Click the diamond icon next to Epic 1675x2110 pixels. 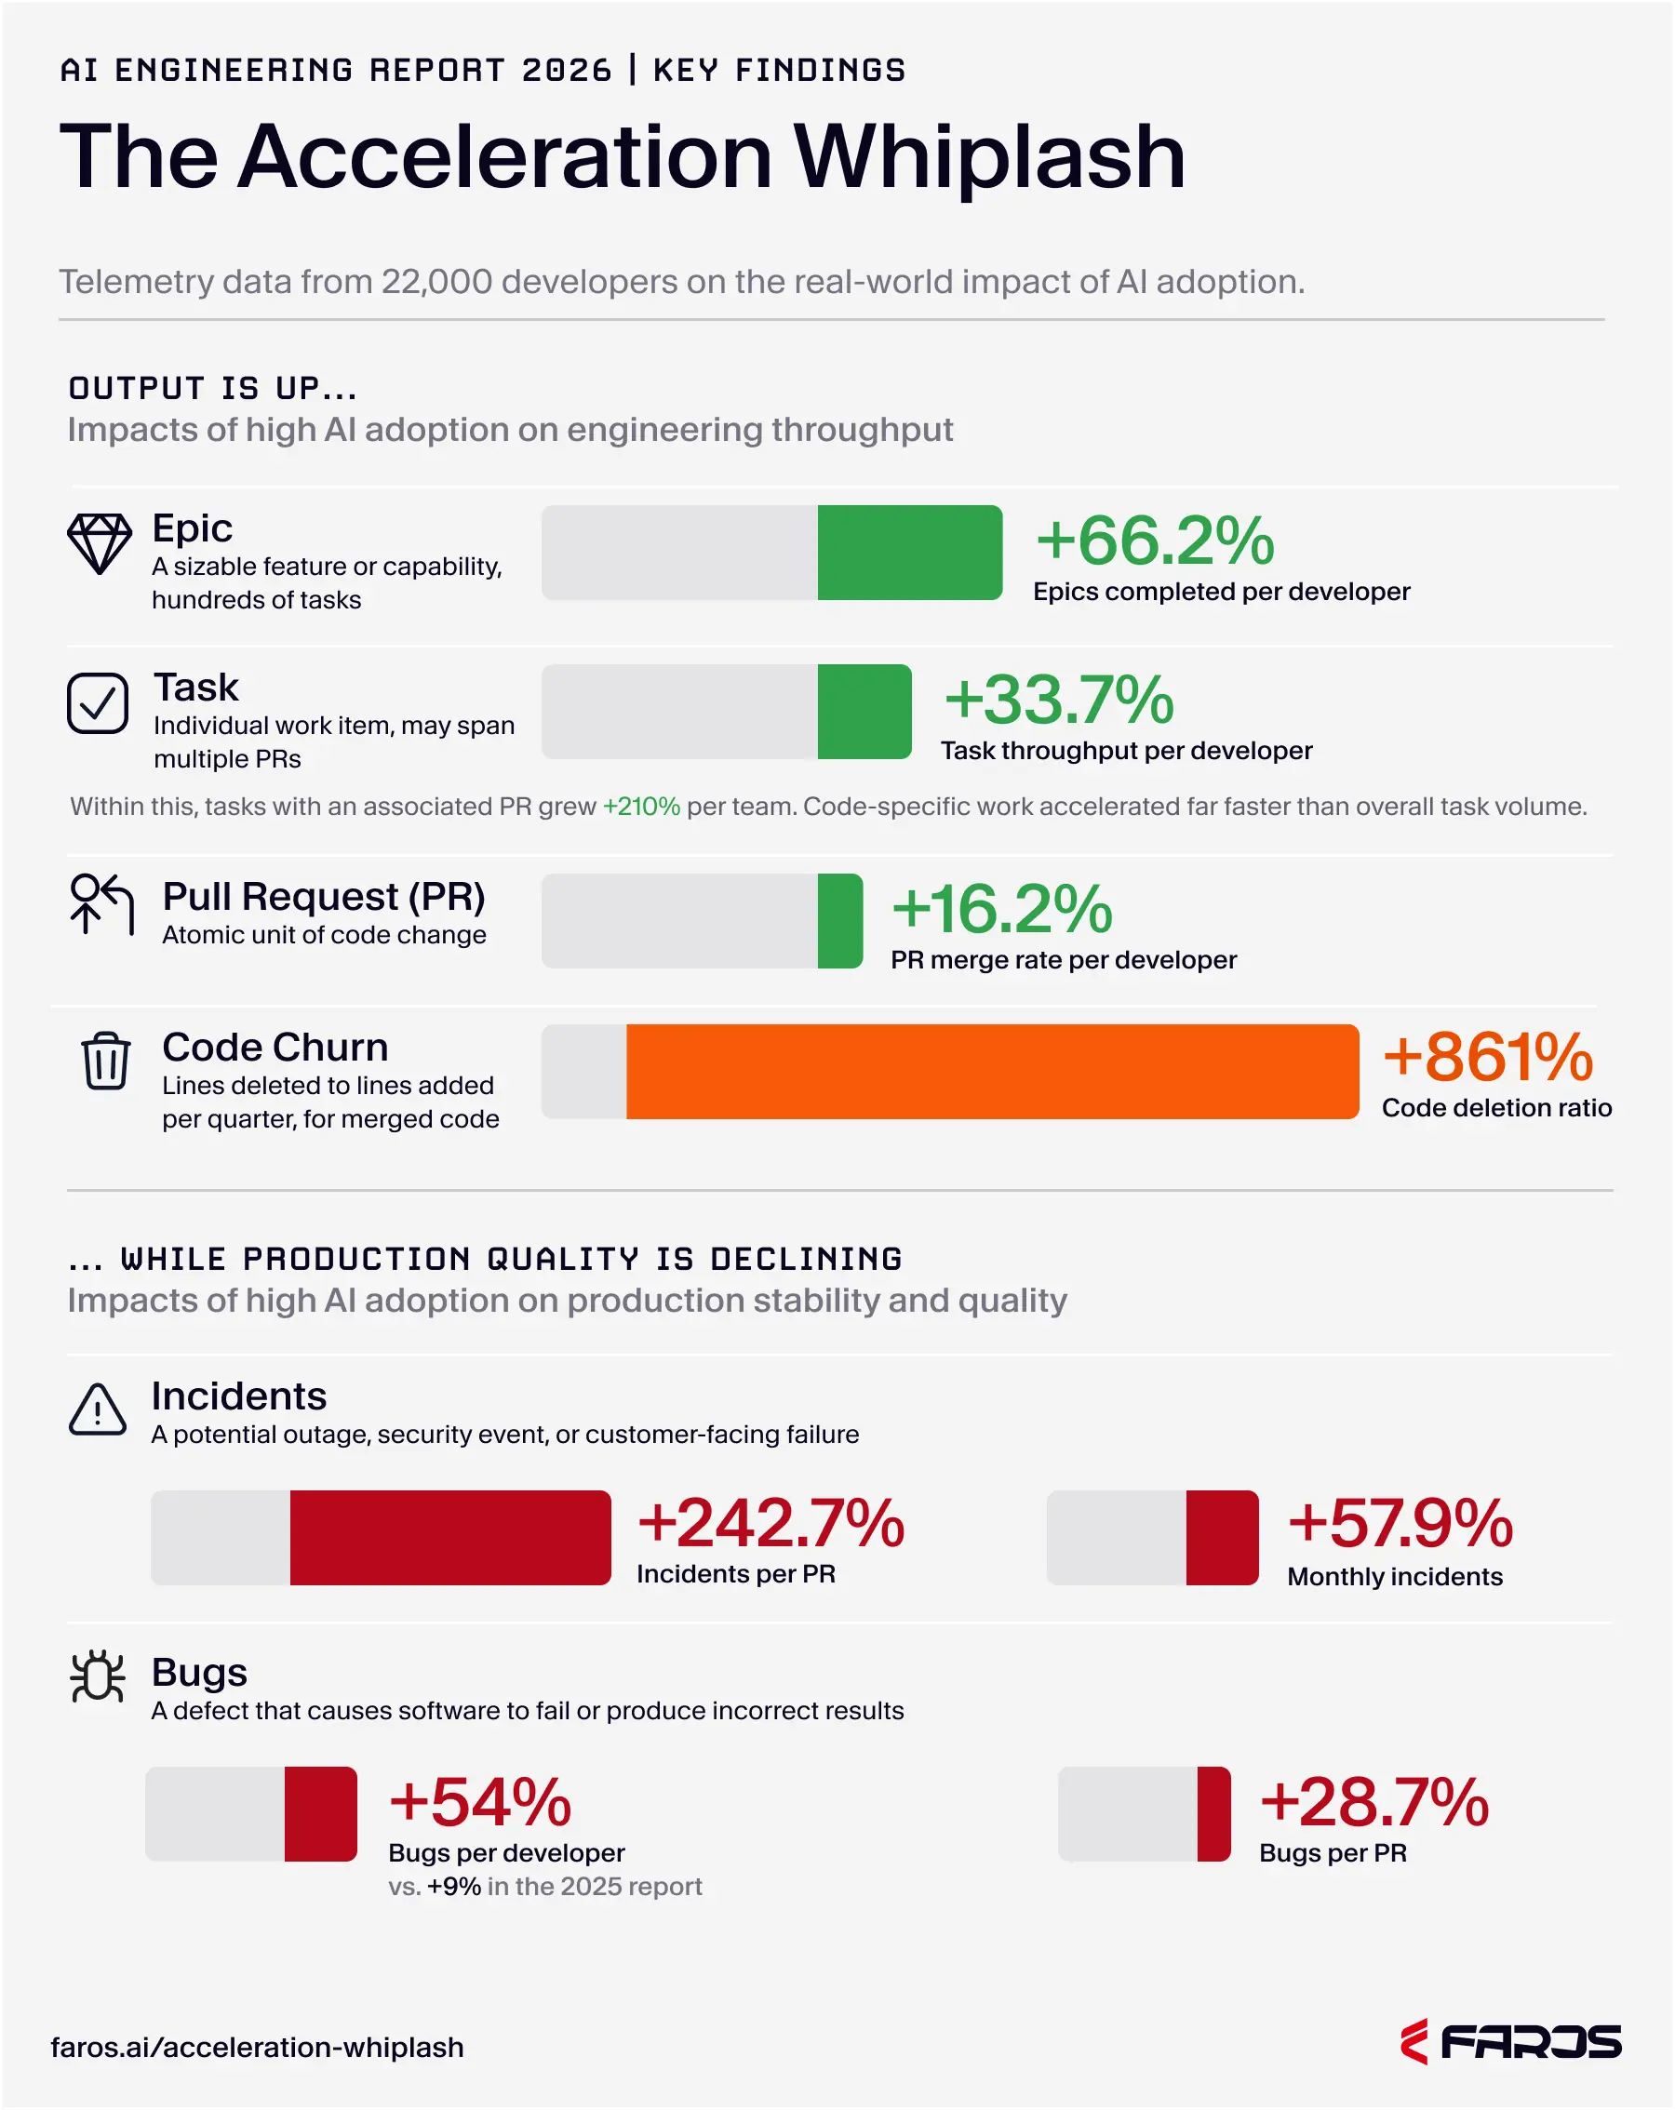tap(99, 543)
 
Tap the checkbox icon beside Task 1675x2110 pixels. tap(98, 702)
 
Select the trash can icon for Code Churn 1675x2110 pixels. tap(106, 1061)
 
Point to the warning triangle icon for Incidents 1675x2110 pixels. tap(98, 1411)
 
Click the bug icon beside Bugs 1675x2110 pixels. tap(98, 1677)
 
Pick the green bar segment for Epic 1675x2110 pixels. tap(909, 553)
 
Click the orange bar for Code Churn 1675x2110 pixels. tap(992, 1072)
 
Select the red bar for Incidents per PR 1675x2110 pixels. tap(450, 1538)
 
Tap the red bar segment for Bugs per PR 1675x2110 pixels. tap(1214, 1813)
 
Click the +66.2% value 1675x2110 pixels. tap(1155, 541)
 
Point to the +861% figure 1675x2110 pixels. tap(1487, 1058)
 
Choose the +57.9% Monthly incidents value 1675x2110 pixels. tap(1400, 1524)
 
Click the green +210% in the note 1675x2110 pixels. tap(641, 807)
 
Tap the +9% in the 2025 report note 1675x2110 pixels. tap(454, 1886)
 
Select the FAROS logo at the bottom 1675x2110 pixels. tap(1510, 2042)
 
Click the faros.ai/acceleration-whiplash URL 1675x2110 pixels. tap(258, 2048)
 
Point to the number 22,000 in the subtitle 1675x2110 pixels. tap(436, 282)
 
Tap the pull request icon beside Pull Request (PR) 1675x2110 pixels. tap(101, 904)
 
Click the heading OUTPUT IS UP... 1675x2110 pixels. tap(212, 389)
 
